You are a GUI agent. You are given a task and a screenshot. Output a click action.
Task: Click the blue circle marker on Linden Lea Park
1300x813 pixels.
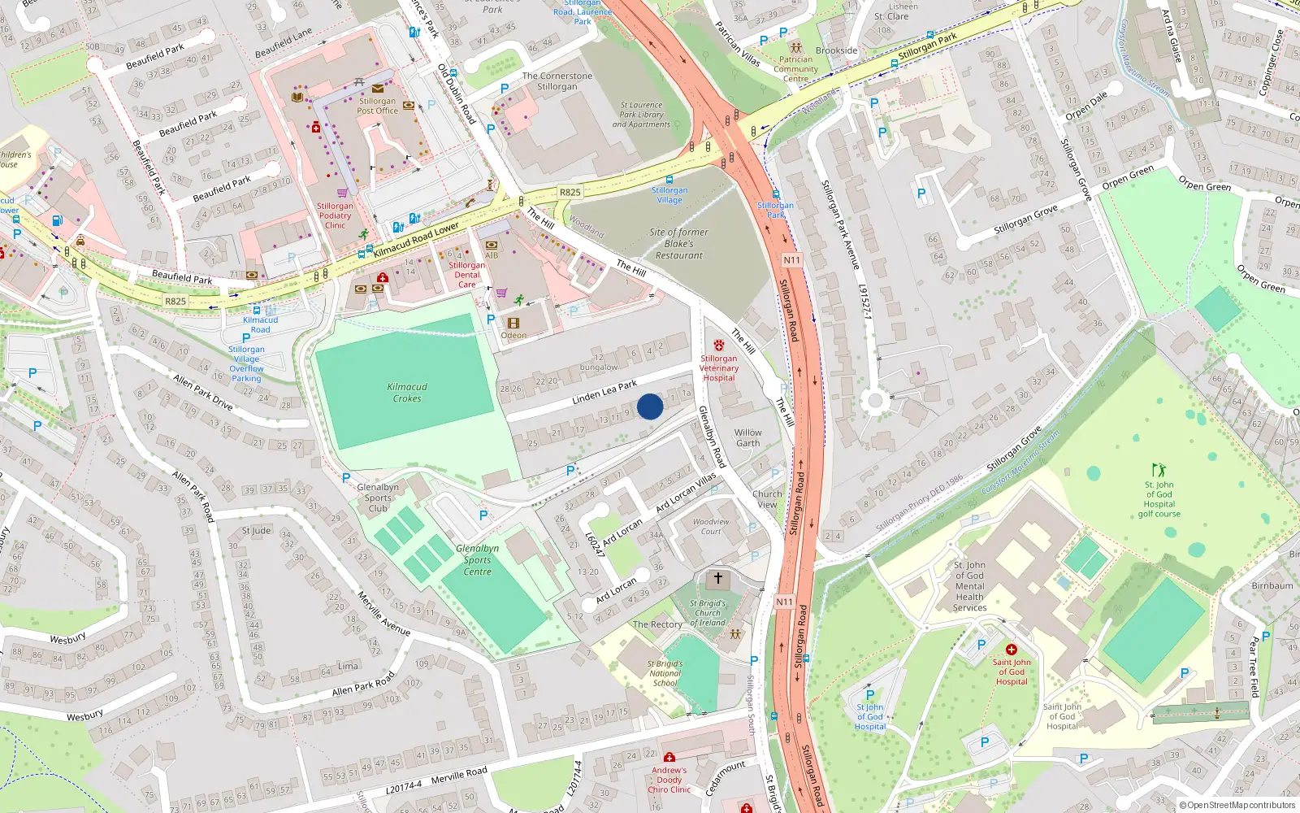click(x=650, y=406)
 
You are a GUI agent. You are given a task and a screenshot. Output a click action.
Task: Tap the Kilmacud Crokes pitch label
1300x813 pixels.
click(x=407, y=393)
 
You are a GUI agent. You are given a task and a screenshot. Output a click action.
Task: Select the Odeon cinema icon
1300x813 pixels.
click(x=513, y=324)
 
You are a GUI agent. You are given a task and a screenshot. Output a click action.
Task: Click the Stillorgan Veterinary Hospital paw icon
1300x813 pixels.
click(x=718, y=346)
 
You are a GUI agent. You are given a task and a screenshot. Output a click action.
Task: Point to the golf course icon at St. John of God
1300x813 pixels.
click(x=1159, y=470)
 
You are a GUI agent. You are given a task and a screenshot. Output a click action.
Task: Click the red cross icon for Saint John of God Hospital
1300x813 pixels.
click(x=1012, y=650)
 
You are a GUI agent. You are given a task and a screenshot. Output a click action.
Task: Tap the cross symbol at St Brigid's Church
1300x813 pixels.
click(x=717, y=578)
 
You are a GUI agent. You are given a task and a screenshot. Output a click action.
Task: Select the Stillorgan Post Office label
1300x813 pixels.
click(x=378, y=106)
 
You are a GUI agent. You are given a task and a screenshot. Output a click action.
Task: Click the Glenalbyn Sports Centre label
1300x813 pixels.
click(x=477, y=560)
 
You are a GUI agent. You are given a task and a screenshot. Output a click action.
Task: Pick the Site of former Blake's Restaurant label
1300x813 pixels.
click(x=679, y=243)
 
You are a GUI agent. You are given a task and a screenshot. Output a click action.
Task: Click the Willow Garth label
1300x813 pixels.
click(x=747, y=438)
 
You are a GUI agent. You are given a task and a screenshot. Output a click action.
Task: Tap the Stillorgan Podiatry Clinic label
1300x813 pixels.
click(x=335, y=215)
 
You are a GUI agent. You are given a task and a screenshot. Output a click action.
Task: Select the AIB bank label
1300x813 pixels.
click(x=492, y=255)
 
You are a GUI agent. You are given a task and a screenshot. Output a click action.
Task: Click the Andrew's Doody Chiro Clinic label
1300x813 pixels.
click(x=669, y=780)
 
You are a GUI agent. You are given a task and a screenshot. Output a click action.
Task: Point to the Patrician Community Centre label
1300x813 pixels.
click(x=795, y=68)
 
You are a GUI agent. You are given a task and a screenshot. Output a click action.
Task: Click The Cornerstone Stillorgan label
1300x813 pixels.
click(x=557, y=81)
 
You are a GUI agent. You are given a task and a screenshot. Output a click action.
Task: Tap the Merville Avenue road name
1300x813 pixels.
click(x=383, y=613)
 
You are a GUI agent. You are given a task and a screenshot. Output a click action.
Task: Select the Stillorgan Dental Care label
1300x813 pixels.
click(x=466, y=275)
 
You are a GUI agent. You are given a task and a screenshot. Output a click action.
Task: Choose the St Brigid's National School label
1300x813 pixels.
click(x=665, y=673)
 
